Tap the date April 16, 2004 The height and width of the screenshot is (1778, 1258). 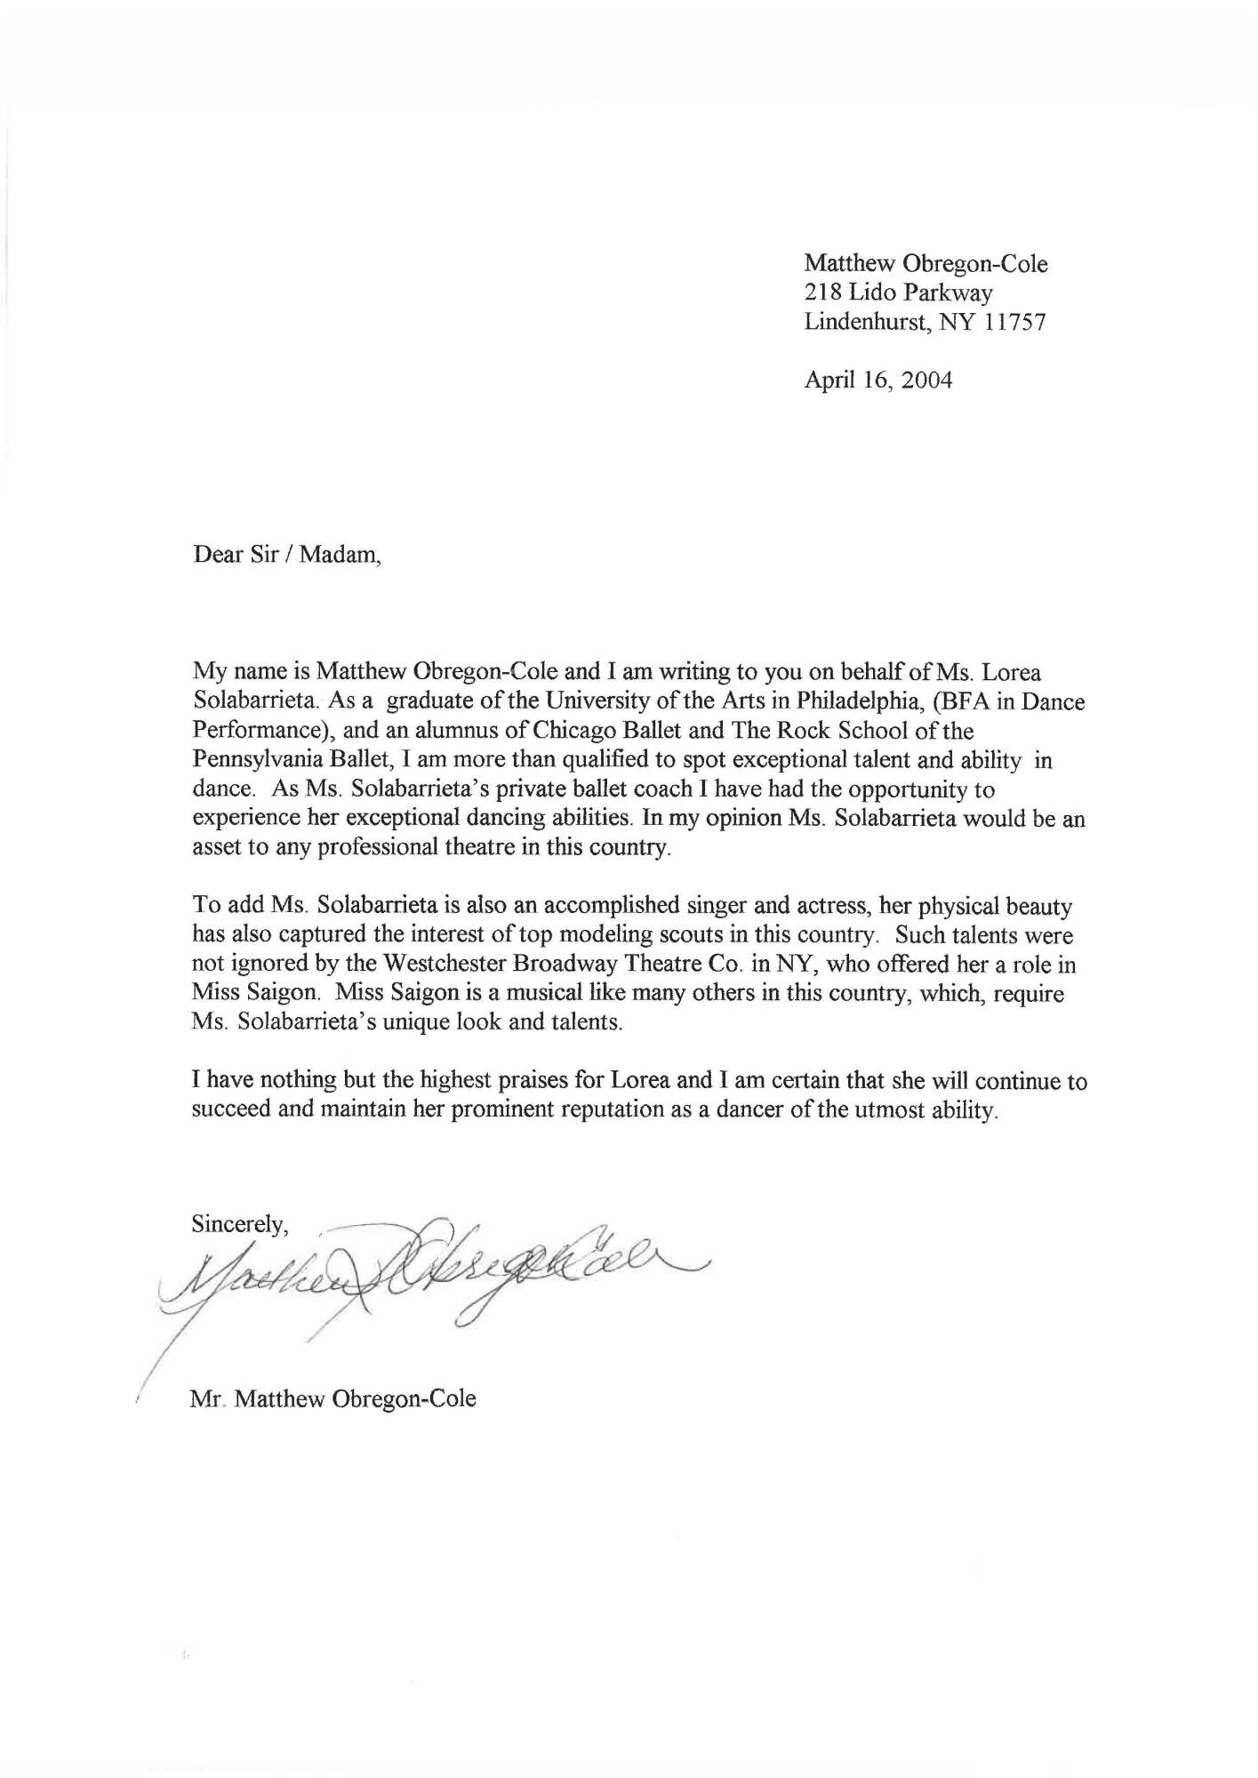pyautogui.click(x=877, y=380)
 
